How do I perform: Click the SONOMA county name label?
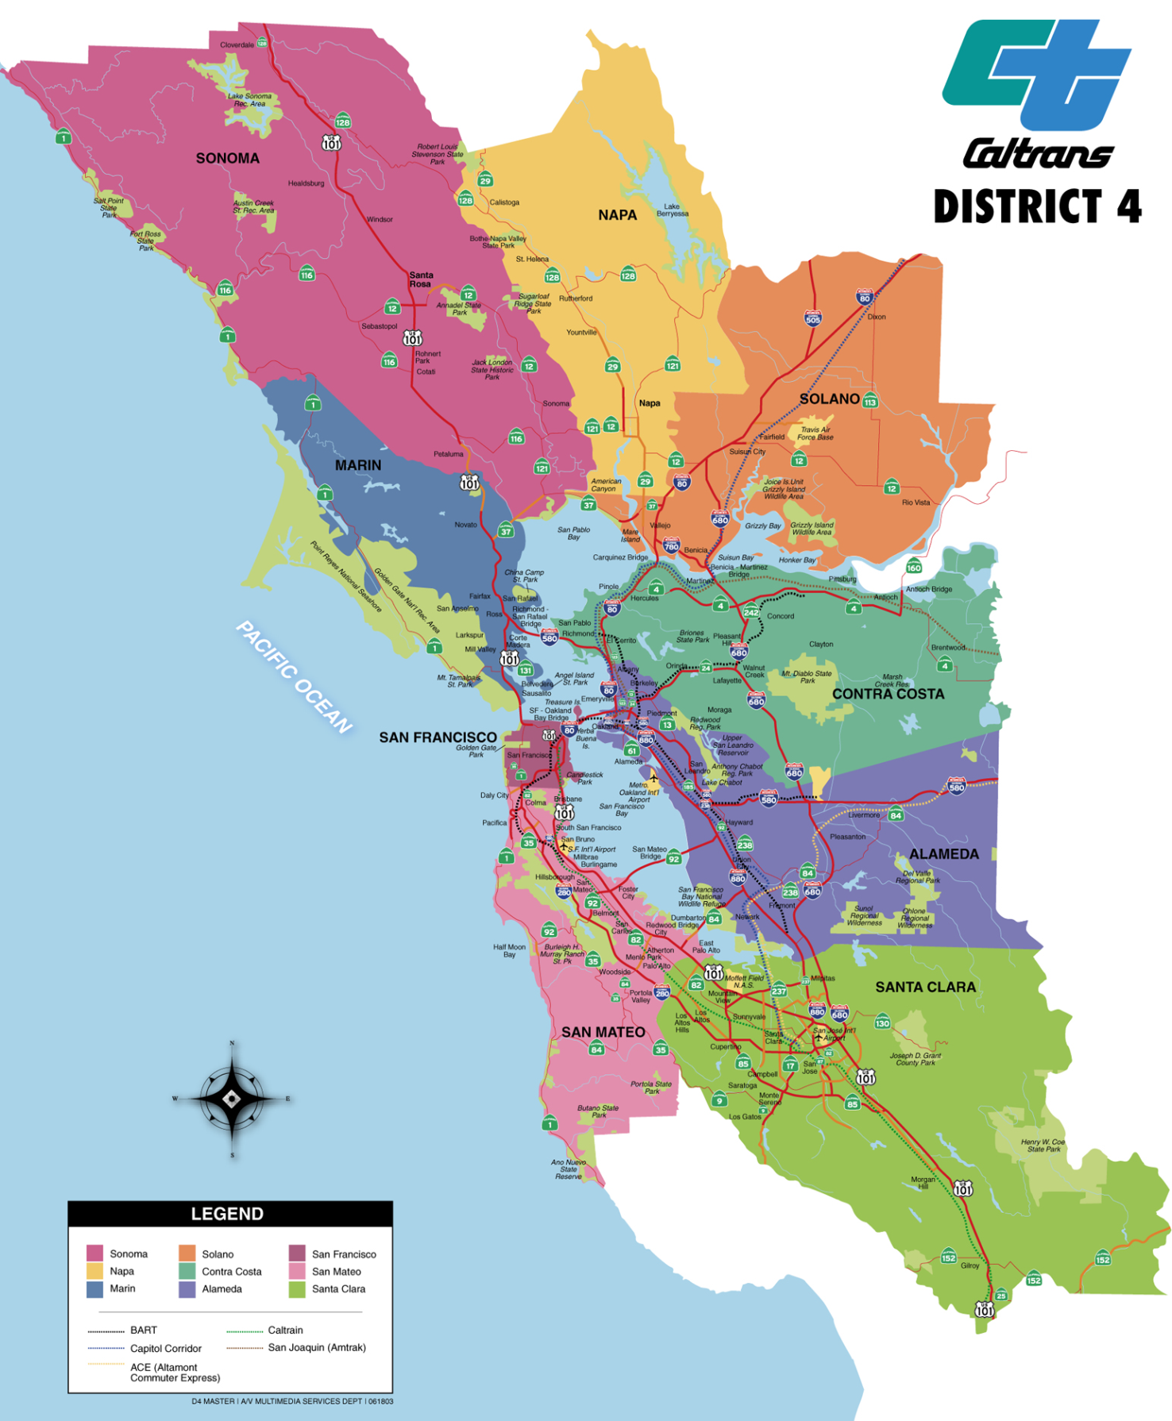[227, 158]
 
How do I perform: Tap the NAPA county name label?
[617, 215]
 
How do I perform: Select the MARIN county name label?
[357, 465]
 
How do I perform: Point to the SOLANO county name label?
[829, 399]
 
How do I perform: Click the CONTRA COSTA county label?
[888, 694]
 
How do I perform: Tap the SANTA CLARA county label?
[925, 987]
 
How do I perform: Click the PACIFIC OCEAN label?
[294, 677]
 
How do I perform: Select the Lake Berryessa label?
[672, 210]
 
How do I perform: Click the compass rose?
[231, 1099]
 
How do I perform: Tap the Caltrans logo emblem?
[1036, 75]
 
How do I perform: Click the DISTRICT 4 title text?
[1036, 206]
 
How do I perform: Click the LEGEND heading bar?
[229, 1214]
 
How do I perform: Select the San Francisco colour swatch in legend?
[297, 1253]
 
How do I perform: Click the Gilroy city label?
[970, 1265]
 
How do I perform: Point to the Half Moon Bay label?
[509, 950]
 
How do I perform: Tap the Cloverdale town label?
[237, 44]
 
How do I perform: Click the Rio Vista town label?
[915, 503]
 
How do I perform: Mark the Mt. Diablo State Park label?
[806, 676]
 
